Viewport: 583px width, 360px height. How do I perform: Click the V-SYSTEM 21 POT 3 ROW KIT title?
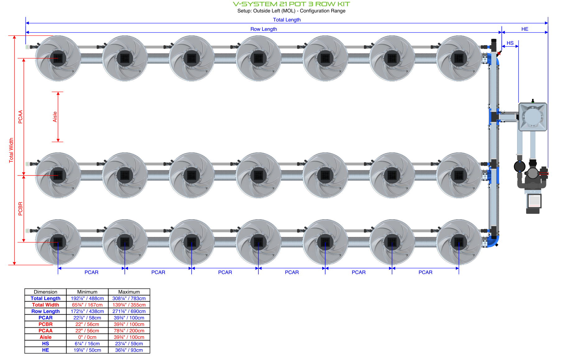291,4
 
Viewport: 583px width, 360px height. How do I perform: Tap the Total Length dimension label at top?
287,20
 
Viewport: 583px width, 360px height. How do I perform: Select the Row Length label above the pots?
264,29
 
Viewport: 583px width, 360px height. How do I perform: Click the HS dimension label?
510,43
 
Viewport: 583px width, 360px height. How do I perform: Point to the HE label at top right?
525,29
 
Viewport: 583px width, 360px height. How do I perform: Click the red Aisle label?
55,117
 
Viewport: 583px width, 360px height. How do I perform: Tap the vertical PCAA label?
21,117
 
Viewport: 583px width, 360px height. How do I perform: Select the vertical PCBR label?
21,209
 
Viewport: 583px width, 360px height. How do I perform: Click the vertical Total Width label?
11,150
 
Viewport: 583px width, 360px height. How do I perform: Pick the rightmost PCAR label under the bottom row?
425,272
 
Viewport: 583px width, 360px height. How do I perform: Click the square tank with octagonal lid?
533,117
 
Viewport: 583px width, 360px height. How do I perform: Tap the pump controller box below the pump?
534,201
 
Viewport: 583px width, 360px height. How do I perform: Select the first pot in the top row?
58,58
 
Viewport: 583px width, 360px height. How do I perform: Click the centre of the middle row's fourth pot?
258,175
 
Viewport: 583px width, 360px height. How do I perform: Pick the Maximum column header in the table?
129,292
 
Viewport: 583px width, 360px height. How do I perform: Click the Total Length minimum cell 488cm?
87,298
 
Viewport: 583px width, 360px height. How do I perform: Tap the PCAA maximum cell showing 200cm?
129,331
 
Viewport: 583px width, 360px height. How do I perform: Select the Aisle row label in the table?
45,337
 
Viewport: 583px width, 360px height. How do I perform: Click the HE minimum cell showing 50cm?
87,350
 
